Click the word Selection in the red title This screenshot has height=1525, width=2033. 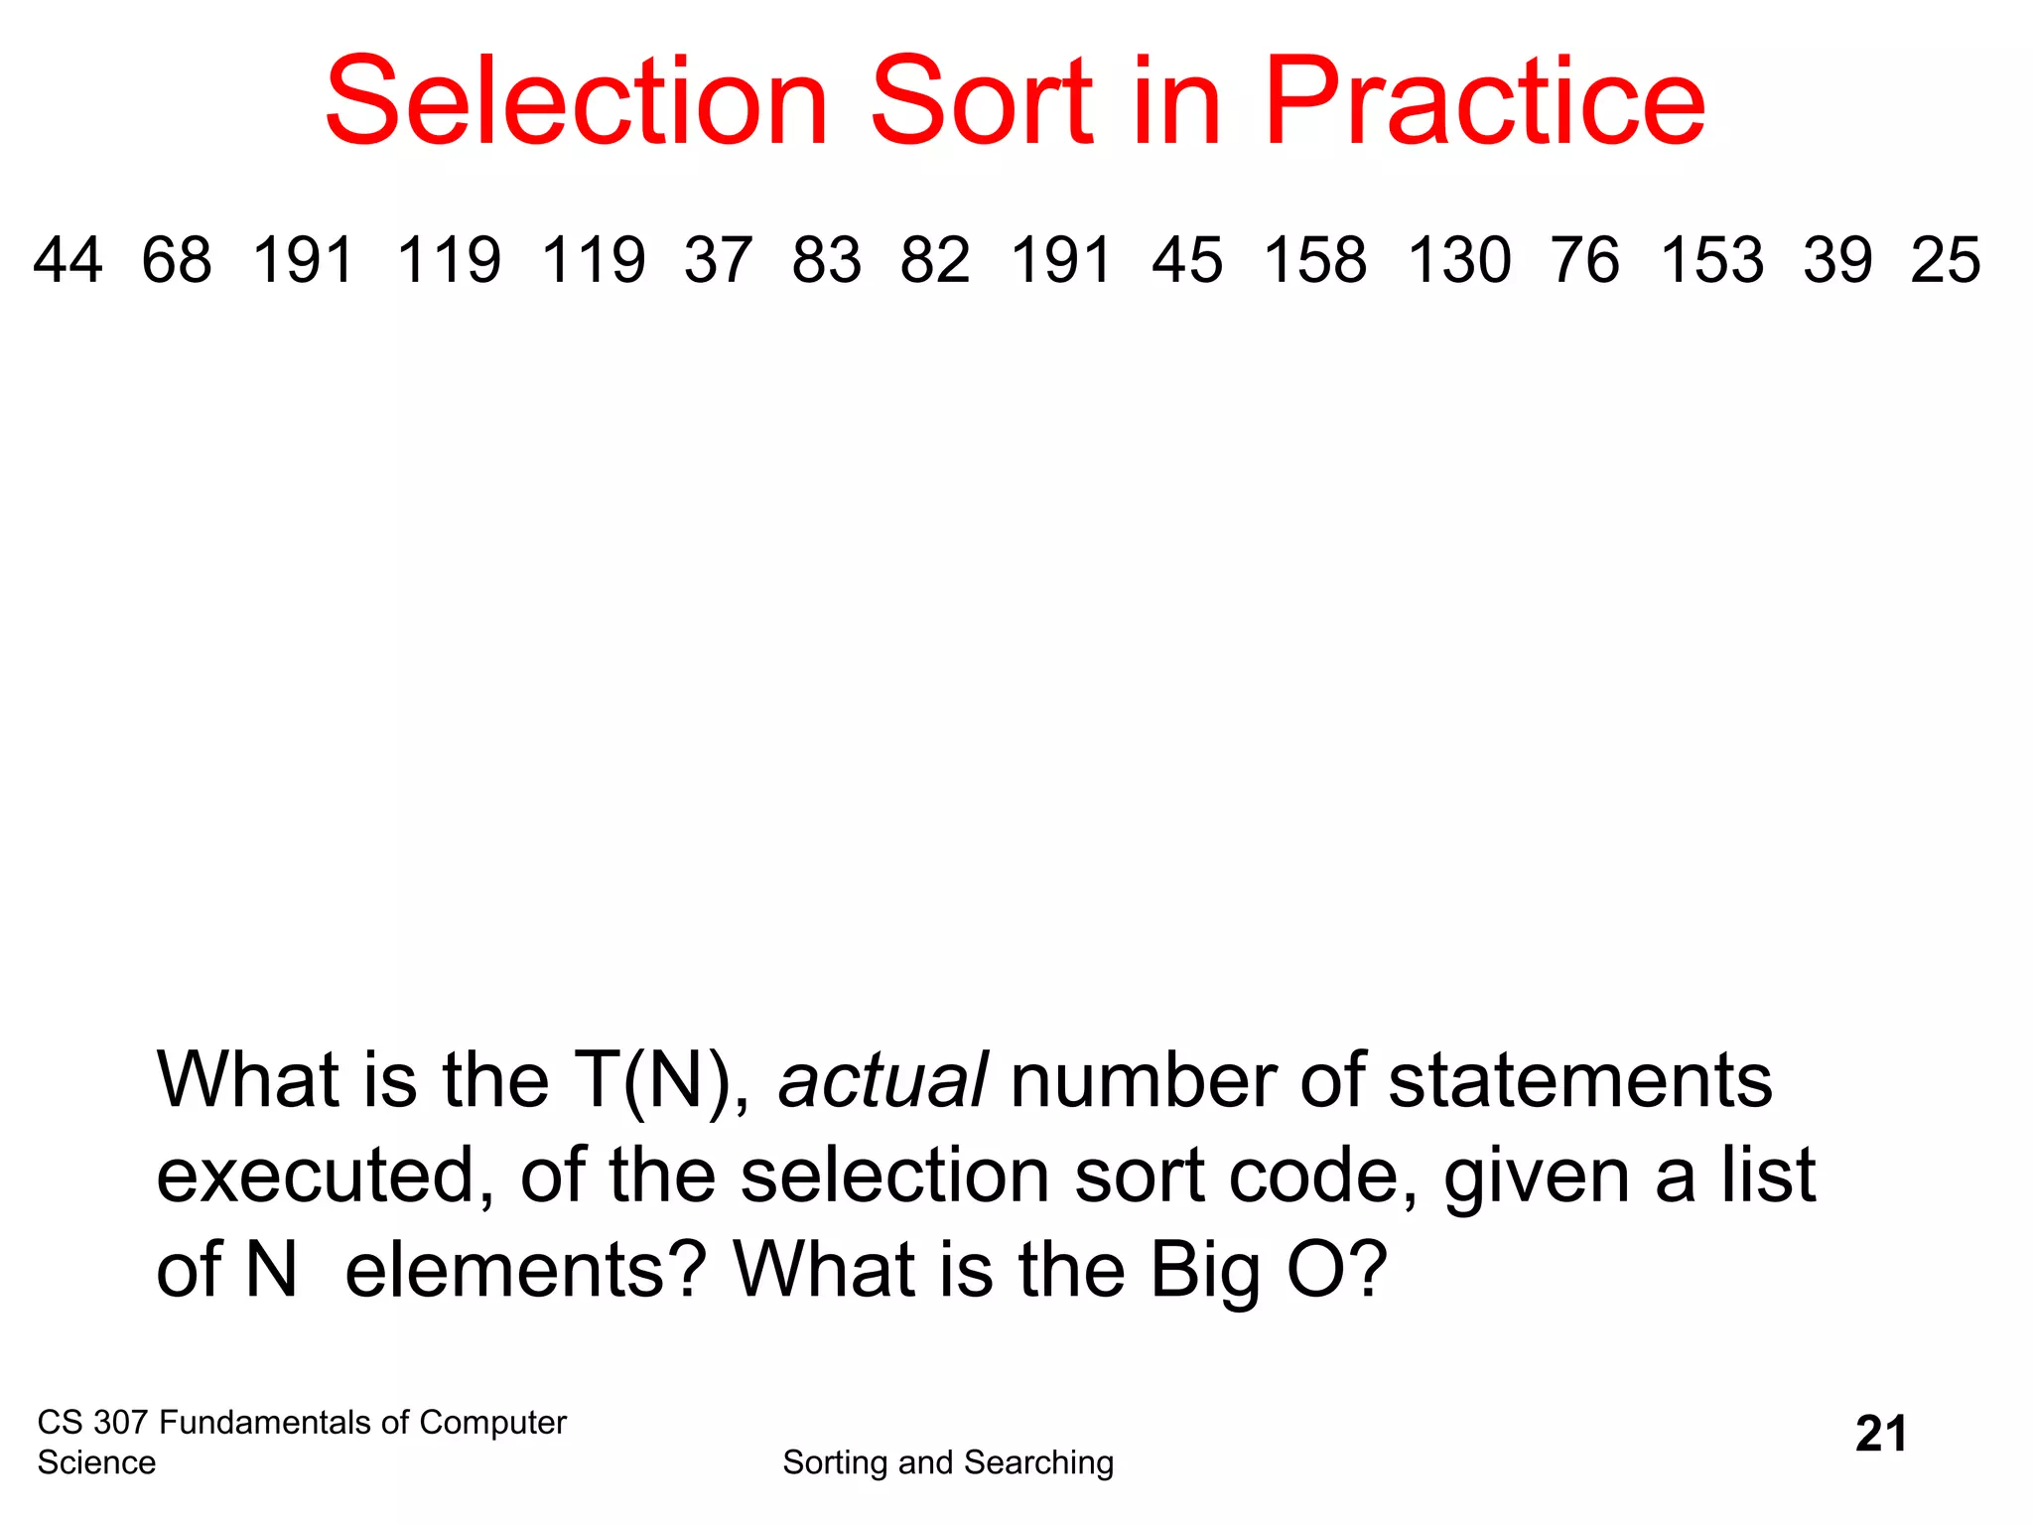tap(576, 102)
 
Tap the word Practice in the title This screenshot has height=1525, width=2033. tap(1483, 102)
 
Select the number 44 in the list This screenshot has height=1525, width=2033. tap(68, 260)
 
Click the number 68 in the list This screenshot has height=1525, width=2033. tap(177, 260)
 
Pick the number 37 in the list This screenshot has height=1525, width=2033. tap(719, 260)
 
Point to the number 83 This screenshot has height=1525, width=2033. tap(827, 260)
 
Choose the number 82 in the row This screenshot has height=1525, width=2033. tap(935, 260)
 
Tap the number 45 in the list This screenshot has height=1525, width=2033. tap(1187, 260)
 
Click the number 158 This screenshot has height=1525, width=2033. tap(1315, 260)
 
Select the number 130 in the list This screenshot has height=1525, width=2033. tap(1459, 260)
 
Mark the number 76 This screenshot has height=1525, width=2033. tap(1585, 260)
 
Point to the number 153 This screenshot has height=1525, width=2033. tap(1712, 260)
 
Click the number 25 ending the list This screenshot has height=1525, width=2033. tap(1946, 260)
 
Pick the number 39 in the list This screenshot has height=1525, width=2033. tap(1837, 260)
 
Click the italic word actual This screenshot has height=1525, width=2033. tap(882, 1080)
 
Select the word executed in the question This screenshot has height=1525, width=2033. tap(326, 1176)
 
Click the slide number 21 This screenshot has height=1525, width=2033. tap(1881, 1435)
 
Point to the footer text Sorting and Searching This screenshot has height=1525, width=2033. tap(948, 1462)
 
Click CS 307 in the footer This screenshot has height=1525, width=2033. tap(92, 1423)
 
